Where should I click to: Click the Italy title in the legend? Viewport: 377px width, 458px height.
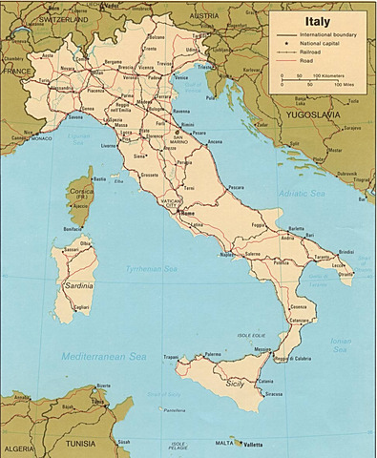pyautogui.click(x=318, y=19)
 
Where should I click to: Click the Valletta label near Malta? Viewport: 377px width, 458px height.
pyautogui.click(x=250, y=444)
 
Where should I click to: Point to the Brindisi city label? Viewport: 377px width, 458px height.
pyautogui.click(x=345, y=251)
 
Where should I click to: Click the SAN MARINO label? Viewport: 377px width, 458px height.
pyautogui.click(x=177, y=136)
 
